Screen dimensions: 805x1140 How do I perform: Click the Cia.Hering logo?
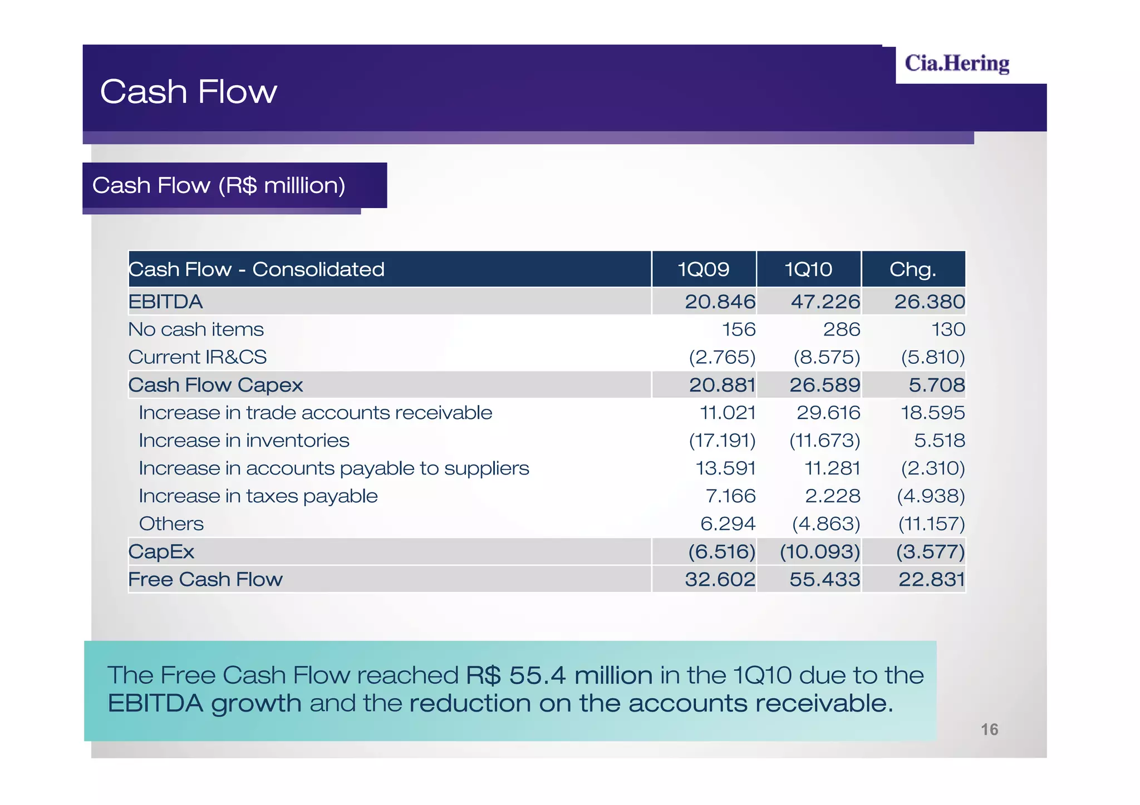pyautogui.click(x=956, y=63)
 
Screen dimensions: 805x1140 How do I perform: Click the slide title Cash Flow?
pyautogui.click(x=188, y=91)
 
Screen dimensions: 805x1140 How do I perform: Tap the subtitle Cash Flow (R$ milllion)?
pyautogui.click(x=219, y=185)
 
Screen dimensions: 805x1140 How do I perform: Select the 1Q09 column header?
pyautogui.click(x=703, y=269)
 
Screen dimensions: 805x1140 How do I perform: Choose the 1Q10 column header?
pyautogui.click(x=808, y=269)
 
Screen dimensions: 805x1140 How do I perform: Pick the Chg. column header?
pyautogui.click(x=912, y=269)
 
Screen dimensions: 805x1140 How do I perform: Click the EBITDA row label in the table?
pyautogui.click(x=165, y=302)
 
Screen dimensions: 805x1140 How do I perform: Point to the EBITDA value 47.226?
pyautogui.click(x=825, y=302)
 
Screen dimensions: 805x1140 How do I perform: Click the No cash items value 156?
pyautogui.click(x=739, y=329)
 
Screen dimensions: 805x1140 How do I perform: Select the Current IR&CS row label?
pyautogui.click(x=197, y=357)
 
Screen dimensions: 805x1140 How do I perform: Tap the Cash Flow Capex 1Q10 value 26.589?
pyautogui.click(x=824, y=385)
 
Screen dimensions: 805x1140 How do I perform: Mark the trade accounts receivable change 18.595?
pyautogui.click(x=932, y=413)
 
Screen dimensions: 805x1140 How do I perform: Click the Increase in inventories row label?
pyautogui.click(x=244, y=441)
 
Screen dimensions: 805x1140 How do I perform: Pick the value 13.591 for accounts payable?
pyautogui.click(x=725, y=468)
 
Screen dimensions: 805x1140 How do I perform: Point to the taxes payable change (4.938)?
pyautogui.click(x=931, y=496)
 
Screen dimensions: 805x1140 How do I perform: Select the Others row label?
pyautogui.click(x=171, y=524)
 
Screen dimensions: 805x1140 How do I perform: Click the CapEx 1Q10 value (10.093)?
pyautogui.click(x=820, y=552)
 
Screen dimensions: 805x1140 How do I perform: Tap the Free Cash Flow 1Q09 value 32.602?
pyautogui.click(x=720, y=580)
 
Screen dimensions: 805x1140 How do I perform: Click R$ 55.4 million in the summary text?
pyautogui.click(x=559, y=675)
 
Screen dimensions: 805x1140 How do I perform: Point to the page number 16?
pyautogui.click(x=989, y=729)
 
